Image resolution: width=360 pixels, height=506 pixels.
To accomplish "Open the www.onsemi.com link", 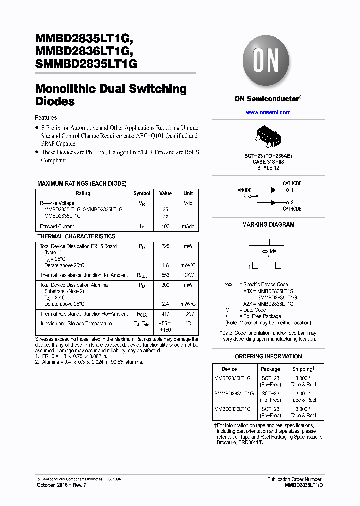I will (268, 113).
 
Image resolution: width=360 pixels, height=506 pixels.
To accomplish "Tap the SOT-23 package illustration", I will (269, 138).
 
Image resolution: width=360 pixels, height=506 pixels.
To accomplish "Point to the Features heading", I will (46, 118).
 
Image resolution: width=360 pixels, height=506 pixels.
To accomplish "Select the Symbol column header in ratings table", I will (142, 194).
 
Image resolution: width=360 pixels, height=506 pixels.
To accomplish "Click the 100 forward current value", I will (165, 227).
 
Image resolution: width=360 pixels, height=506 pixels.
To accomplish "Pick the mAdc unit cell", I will (188, 227).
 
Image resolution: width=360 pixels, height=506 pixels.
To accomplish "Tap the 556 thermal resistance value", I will (165, 275).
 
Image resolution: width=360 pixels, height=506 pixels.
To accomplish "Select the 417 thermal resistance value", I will (165, 314).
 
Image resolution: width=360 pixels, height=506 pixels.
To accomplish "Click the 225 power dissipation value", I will (165, 246).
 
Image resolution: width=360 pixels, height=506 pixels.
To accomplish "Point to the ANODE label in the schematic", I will (245, 190).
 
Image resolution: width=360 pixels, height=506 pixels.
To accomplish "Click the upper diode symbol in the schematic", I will (273, 190).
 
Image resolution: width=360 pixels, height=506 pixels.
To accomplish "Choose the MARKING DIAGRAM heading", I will (268, 225).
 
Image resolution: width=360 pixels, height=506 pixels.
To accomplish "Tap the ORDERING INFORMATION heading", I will (268, 356).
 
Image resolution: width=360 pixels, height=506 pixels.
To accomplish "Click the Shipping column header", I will (303, 369).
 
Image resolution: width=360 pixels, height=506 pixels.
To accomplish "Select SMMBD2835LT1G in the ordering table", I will (234, 394).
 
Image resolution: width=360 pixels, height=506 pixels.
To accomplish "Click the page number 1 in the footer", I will (179, 480).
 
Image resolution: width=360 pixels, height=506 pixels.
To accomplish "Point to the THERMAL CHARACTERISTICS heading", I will (76, 236).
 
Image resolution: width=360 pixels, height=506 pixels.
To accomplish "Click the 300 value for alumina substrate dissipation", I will (165, 285).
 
